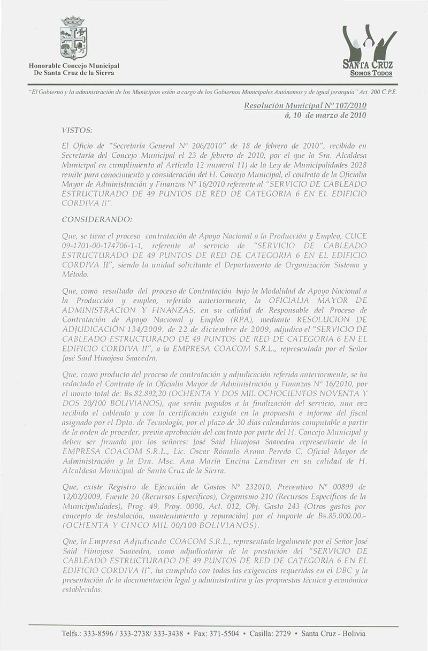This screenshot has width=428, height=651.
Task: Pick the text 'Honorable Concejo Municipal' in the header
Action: pos(74,65)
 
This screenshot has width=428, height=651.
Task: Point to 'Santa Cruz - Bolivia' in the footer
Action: pos(333,633)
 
